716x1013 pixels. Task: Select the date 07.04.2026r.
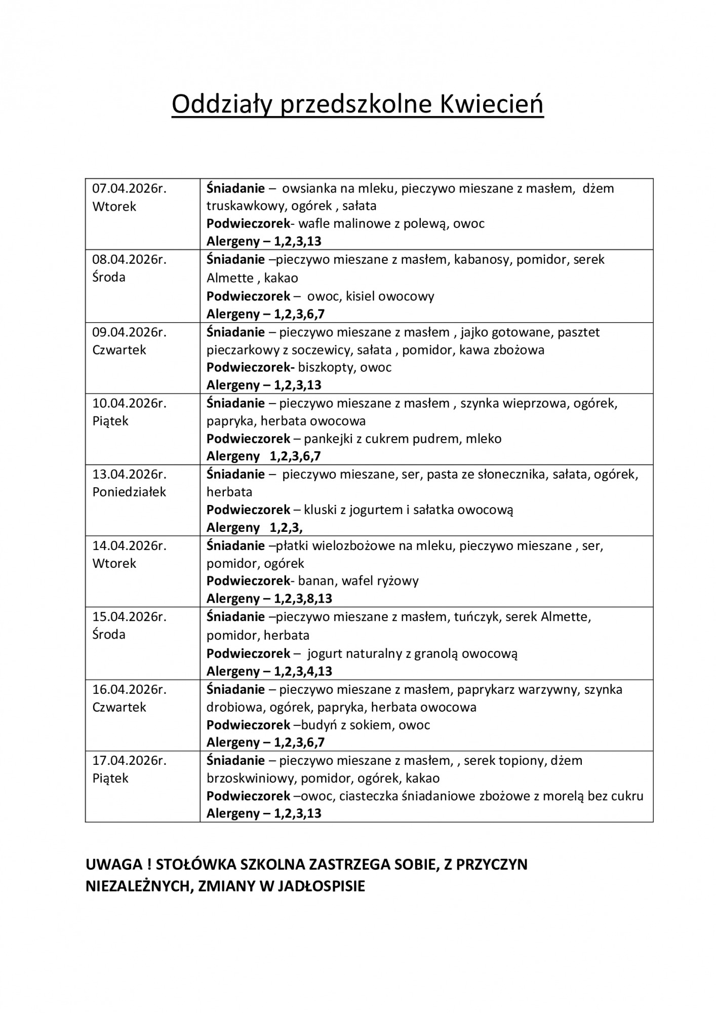click(x=129, y=189)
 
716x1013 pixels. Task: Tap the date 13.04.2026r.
click(x=129, y=475)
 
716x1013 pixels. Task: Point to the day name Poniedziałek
click(x=129, y=492)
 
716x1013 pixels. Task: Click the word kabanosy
click(x=483, y=260)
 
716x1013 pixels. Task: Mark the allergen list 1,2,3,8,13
click(x=303, y=599)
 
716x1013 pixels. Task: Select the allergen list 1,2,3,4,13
click(x=303, y=672)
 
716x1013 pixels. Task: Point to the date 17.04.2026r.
click(x=129, y=761)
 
